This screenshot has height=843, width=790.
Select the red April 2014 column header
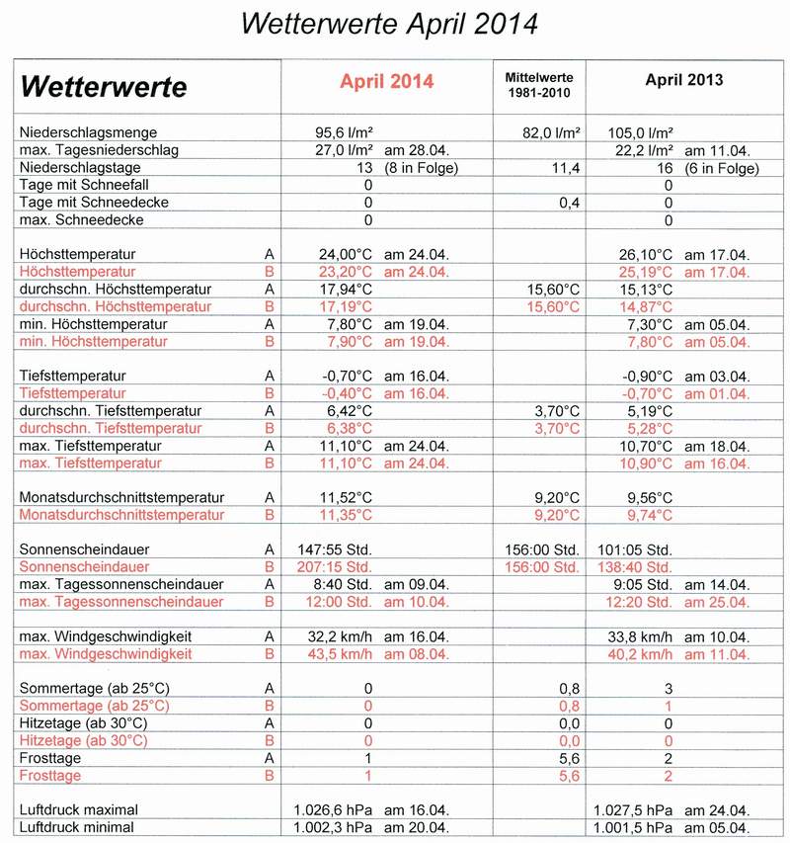(386, 82)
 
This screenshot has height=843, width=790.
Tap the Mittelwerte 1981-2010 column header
(538, 84)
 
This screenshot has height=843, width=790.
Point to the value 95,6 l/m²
(342, 132)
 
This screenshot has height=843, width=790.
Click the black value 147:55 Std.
(334, 549)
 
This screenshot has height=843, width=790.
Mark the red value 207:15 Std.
(334, 567)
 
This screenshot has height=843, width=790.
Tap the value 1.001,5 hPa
(634, 827)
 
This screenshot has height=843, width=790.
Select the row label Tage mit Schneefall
(85, 186)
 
